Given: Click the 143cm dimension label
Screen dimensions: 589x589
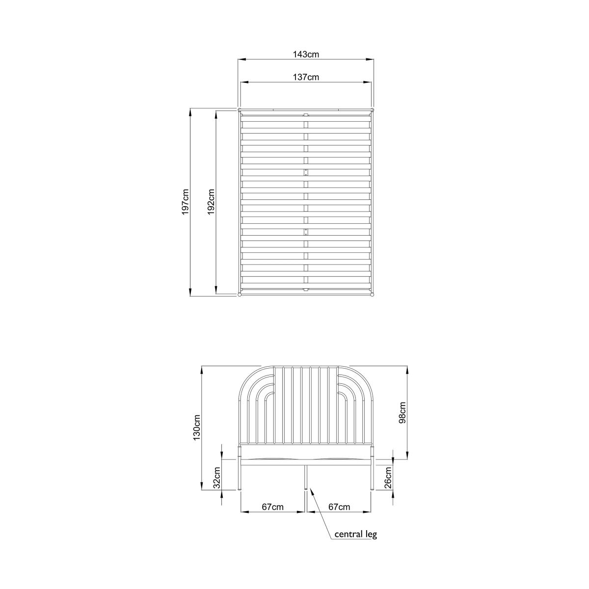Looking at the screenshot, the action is click(x=306, y=54).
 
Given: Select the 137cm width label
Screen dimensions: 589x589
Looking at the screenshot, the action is click(x=306, y=77).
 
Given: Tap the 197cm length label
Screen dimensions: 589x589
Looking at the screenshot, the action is click(x=185, y=202).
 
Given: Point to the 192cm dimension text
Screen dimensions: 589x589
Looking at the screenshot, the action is click(x=211, y=202).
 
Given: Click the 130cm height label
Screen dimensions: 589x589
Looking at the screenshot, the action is click(x=196, y=428).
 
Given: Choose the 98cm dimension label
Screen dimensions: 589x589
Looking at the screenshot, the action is click(x=402, y=413).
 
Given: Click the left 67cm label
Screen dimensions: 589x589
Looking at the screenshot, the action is click(x=272, y=507).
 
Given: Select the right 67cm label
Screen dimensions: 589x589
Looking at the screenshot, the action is click(x=339, y=507).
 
